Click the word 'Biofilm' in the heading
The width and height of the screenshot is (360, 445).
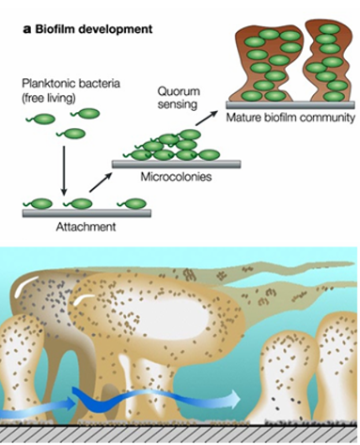pos(56,29)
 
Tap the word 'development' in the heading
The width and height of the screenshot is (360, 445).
pos(116,29)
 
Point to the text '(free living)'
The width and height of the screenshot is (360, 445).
pos(50,96)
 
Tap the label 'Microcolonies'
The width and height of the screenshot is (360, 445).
pos(171,176)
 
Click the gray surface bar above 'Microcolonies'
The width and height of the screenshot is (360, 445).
pos(175,163)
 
